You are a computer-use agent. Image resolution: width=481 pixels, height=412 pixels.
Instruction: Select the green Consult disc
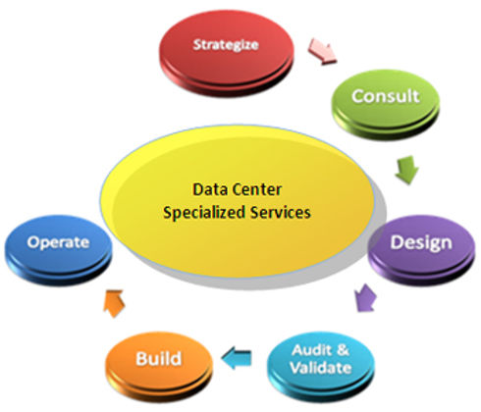point(386,104)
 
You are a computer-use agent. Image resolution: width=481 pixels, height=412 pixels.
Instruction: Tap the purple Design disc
point(421,249)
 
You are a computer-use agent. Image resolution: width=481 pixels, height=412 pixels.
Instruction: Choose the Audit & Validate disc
point(321,366)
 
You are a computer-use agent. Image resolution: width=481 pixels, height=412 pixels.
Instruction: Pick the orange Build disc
point(159,366)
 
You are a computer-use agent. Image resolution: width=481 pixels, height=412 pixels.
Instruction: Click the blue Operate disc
point(58,249)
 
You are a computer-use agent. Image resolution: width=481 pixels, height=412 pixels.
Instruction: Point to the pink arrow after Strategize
point(322,51)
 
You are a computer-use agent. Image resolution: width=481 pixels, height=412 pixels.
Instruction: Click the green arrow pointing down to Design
point(406,170)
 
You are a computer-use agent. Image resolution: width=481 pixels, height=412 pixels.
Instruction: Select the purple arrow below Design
point(366,298)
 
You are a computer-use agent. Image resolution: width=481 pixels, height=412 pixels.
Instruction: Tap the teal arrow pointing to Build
point(237,359)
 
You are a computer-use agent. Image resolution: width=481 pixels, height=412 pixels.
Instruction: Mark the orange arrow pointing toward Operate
point(114,303)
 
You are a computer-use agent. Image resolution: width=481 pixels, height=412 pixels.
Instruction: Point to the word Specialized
point(204,213)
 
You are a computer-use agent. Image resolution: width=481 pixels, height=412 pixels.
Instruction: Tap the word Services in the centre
point(281,213)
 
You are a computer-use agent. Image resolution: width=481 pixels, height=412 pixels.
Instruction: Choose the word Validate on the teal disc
point(321,368)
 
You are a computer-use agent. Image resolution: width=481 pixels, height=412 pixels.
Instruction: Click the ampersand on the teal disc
point(343,350)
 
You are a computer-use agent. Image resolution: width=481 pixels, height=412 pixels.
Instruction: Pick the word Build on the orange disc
point(159,359)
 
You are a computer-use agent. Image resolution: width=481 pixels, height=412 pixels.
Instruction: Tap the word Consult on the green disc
point(386,96)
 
